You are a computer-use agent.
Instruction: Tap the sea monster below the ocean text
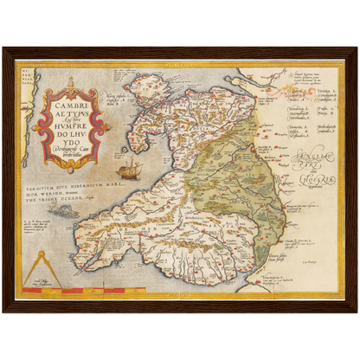coord(64,211)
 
